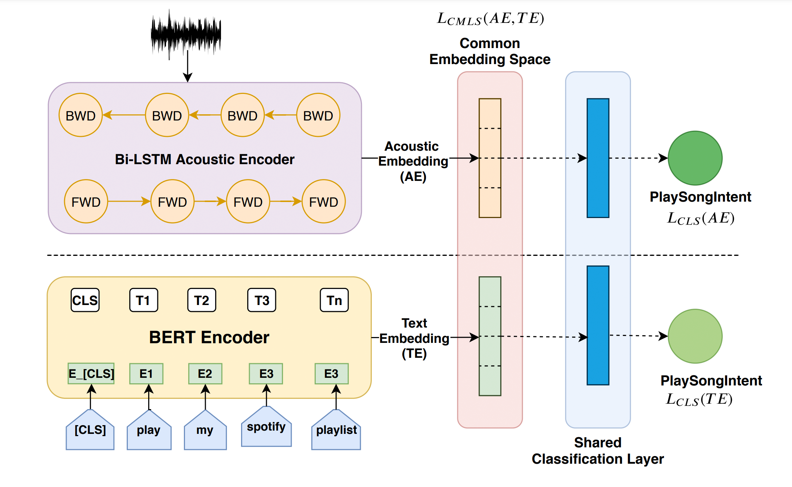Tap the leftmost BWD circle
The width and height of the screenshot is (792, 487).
coord(80,115)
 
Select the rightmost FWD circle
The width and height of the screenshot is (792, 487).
coord(323,202)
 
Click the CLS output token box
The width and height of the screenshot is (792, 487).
coord(85,300)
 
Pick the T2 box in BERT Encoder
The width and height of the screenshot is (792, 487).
coord(201,300)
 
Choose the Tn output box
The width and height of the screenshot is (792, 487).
coord(334,300)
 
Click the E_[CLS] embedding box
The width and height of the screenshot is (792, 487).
coord(91,373)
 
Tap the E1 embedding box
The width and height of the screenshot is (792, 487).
coord(146,373)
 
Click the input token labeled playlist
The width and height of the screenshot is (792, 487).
coord(336,430)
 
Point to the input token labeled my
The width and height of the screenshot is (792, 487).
coord(205,430)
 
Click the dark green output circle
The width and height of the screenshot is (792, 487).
coord(695,158)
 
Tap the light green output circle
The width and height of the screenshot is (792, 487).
coord(695,336)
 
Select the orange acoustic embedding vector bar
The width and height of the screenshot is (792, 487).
coord(490,158)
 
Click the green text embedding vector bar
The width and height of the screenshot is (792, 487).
coord(490,336)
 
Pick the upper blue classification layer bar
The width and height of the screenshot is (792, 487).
coord(598,158)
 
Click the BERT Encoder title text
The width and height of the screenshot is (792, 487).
coord(209,337)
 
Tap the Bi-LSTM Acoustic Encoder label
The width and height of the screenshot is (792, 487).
coord(205,159)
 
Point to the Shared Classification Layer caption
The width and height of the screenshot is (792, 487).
coord(598,451)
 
